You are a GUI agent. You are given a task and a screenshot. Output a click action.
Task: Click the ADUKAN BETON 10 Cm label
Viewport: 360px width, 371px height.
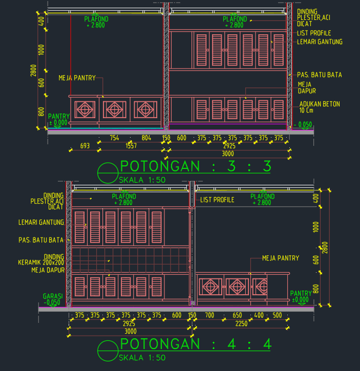tap(320, 107)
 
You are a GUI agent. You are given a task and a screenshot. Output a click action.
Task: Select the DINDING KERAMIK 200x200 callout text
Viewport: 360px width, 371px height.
tap(41, 259)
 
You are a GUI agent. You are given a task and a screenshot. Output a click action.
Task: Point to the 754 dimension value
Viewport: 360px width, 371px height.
tap(114, 138)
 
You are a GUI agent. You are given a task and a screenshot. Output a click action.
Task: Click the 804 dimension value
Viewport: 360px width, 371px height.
tap(146, 138)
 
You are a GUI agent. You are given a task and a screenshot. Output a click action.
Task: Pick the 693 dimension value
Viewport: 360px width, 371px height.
tap(85, 146)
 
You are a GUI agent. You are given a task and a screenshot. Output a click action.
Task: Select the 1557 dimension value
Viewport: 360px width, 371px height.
tap(131, 146)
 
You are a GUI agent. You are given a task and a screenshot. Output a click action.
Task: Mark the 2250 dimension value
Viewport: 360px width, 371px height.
tap(241, 323)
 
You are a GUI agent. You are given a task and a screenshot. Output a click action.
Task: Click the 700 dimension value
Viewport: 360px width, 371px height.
tap(209, 315)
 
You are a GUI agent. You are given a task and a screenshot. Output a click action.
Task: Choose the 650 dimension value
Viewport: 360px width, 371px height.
tap(237, 315)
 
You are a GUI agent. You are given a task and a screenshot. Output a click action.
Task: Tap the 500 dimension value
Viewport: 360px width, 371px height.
tap(277, 315)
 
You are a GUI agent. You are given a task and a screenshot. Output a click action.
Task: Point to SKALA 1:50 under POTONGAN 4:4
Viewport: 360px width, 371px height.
tap(142, 358)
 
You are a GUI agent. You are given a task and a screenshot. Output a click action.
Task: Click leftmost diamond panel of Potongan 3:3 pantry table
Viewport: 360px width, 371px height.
tap(85, 110)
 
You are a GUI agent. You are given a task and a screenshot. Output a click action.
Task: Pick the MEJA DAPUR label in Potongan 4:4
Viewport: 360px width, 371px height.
tap(48, 270)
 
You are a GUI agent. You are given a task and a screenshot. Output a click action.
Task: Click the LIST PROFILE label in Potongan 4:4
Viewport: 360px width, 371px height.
tap(217, 200)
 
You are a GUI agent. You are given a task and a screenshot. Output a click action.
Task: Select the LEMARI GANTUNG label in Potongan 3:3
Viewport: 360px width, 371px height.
tap(320, 42)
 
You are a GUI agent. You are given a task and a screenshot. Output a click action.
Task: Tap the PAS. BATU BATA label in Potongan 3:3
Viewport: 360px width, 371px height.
tap(320, 75)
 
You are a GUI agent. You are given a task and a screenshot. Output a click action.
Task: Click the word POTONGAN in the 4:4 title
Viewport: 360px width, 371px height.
tap(160, 344)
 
